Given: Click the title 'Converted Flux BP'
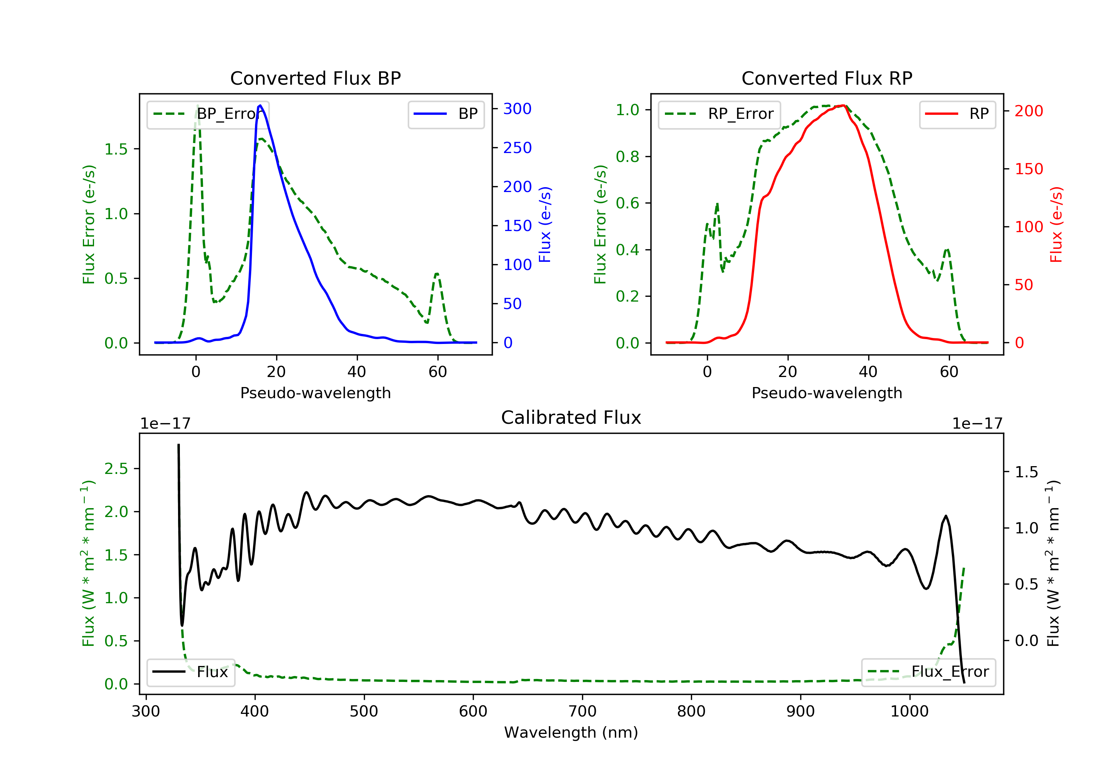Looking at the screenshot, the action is (315, 78).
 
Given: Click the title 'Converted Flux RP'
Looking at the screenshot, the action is (827, 78).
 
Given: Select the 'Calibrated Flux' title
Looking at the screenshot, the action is (571, 417).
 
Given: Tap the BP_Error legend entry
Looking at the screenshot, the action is (208, 114).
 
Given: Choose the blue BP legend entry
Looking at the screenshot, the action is (446, 114).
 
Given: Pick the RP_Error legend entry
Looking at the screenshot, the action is (719, 114).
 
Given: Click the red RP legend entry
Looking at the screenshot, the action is (957, 114).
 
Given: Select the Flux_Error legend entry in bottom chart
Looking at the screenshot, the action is (928, 672).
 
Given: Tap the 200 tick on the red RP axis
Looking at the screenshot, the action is (1028, 111).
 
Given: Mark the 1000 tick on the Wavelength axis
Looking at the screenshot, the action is (909, 711).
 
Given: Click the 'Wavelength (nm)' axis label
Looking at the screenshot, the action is (571, 732).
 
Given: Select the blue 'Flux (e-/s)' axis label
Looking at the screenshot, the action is (545, 225).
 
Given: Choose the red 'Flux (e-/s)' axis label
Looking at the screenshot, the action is (1056, 225).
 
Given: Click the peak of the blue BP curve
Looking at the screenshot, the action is (260, 105).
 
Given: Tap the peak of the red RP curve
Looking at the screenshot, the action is (844, 105).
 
